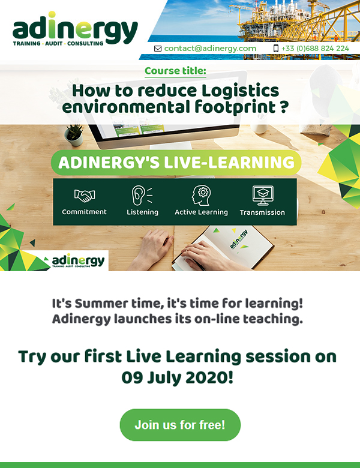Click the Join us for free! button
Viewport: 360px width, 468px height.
(180, 425)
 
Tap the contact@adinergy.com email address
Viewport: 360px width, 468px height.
(210, 49)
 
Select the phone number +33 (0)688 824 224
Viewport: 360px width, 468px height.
(315, 49)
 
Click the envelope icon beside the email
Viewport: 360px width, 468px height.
(158, 49)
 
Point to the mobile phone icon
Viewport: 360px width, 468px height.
(276, 49)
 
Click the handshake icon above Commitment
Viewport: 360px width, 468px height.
(85, 196)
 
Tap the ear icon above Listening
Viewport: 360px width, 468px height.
(142, 196)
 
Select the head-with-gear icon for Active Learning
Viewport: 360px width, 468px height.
(201, 195)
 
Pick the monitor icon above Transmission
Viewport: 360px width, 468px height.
(263, 196)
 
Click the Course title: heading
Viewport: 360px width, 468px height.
(176, 71)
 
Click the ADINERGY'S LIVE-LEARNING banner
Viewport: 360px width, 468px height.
(176, 163)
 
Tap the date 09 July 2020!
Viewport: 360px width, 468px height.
(178, 378)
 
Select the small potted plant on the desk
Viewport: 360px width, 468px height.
(74, 135)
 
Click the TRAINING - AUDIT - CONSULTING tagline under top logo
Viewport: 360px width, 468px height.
(58, 44)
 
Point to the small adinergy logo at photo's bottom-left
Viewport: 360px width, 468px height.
(76, 261)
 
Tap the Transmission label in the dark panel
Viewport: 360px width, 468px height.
(262, 212)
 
